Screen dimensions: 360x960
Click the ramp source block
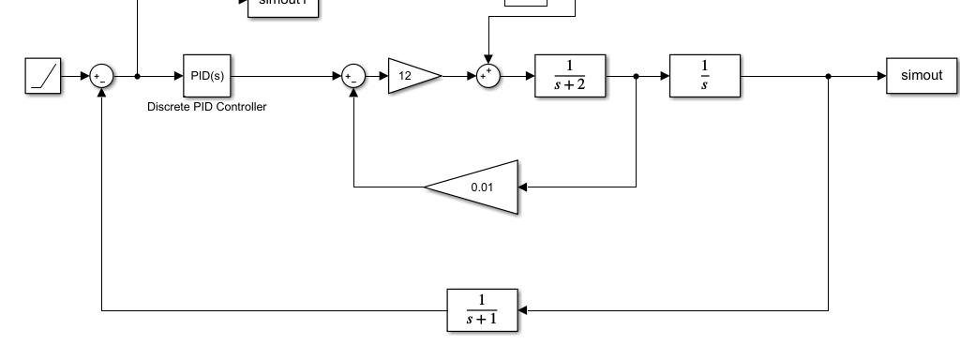(x=42, y=76)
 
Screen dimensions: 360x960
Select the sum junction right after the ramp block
(x=100, y=76)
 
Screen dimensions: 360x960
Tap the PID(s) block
(x=206, y=76)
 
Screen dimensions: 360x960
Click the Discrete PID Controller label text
(x=206, y=107)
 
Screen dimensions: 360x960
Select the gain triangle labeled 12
(x=412, y=76)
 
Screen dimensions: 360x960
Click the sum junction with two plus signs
(x=487, y=76)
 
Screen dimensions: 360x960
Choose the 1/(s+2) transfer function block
(x=570, y=76)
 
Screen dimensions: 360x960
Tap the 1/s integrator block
(x=705, y=76)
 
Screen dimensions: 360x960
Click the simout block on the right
(x=921, y=76)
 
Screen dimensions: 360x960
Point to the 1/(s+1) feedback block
(x=482, y=309)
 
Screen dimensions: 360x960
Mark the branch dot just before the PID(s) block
(x=138, y=76)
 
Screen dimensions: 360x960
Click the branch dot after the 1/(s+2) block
(x=637, y=76)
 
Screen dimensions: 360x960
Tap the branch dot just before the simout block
(x=829, y=76)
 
